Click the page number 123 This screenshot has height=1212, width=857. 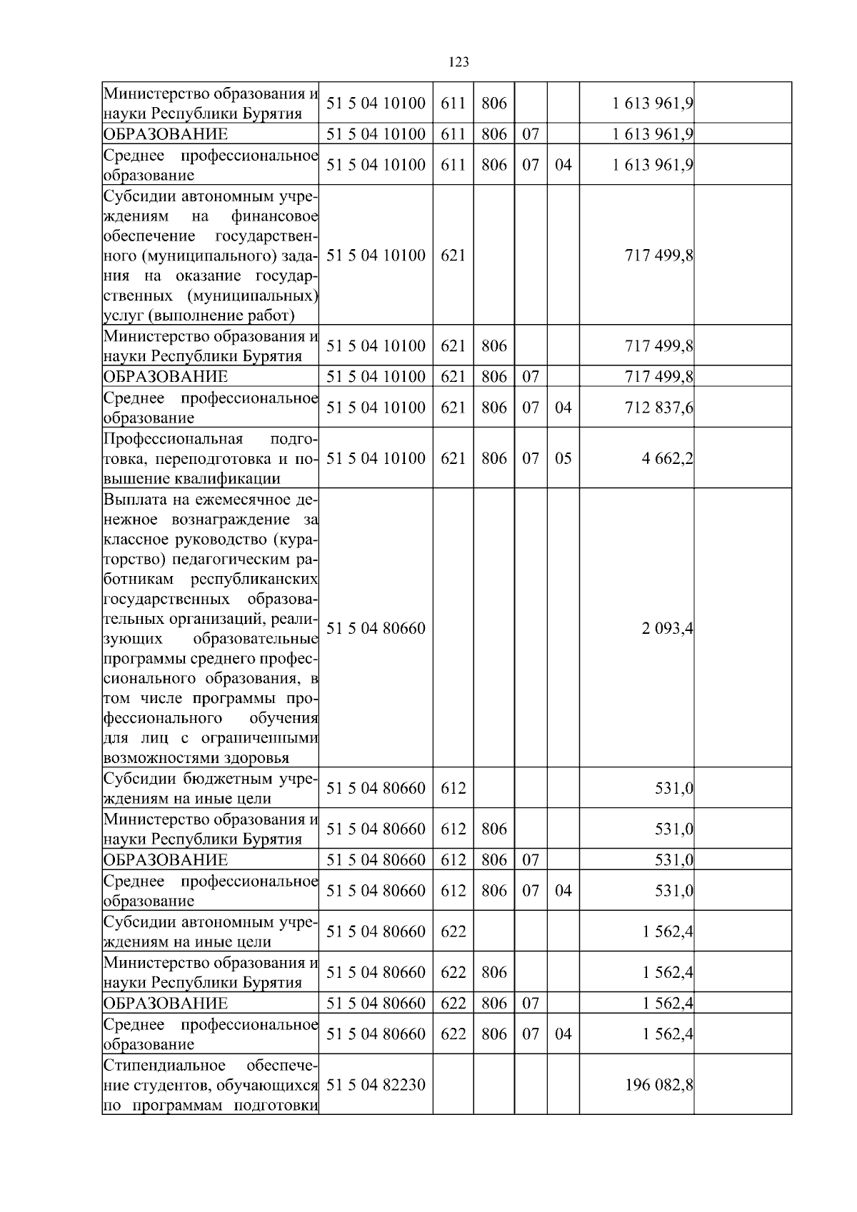point(459,62)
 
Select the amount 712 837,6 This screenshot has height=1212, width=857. point(658,408)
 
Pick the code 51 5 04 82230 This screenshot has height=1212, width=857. point(376,1085)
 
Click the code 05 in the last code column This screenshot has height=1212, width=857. point(563,458)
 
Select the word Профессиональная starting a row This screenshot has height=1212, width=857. point(174,438)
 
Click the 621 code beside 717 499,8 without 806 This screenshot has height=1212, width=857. point(453,255)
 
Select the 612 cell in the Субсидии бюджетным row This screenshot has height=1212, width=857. point(453,788)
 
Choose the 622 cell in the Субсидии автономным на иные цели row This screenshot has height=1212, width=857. point(453,931)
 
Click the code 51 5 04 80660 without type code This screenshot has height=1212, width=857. point(376,629)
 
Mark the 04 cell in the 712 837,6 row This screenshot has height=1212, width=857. point(563,408)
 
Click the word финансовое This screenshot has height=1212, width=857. point(274,216)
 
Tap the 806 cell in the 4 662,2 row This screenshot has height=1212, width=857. point(493,458)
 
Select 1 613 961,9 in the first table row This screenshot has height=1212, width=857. point(652,103)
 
